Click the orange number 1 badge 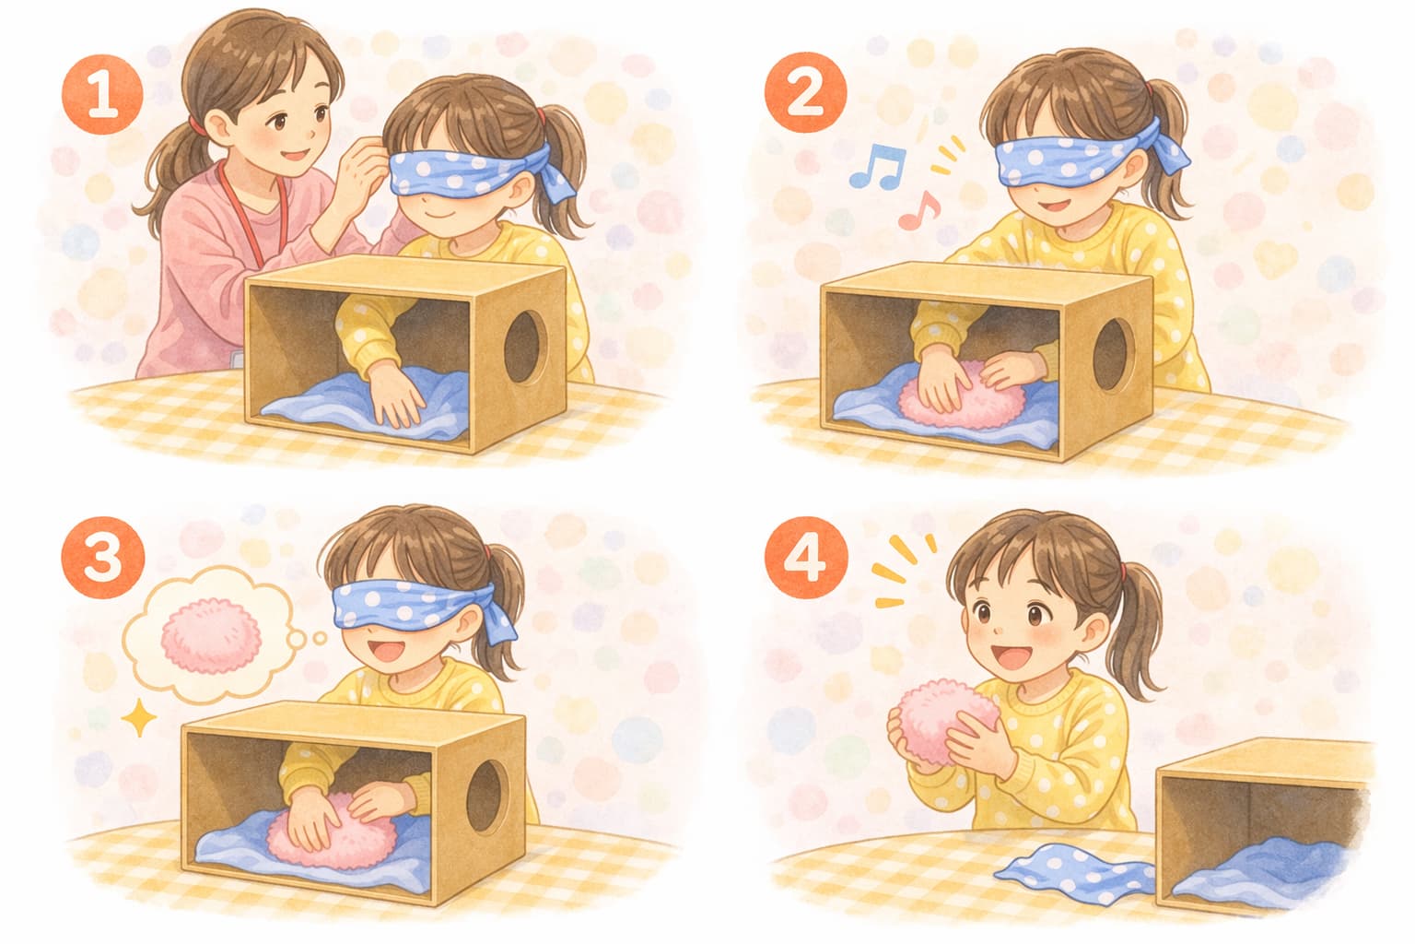[x=101, y=94]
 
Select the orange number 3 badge [x=102, y=558]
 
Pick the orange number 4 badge [x=805, y=558]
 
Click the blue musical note [x=877, y=166]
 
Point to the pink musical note [x=919, y=210]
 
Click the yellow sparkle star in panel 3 [x=139, y=717]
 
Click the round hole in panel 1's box [x=526, y=348]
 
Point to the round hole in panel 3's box [x=487, y=796]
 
